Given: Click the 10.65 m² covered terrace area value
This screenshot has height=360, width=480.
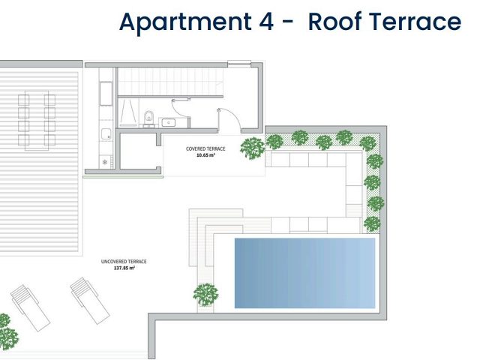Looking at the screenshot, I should (x=205, y=155).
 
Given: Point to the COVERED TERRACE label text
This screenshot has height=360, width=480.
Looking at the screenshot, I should (x=205, y=148).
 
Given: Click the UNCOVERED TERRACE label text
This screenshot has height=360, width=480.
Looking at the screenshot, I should (x=124, y=261).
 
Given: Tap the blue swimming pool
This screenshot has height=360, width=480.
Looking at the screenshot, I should (x=304, y=272).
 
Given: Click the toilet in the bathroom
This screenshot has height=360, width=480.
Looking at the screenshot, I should (x=149, y=116).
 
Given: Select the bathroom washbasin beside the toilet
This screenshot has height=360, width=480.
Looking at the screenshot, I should (x=168, y=121).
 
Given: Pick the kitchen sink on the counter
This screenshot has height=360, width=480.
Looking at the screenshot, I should (x=106, y=135).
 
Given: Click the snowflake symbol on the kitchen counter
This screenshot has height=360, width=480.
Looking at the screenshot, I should (x=103, y=162).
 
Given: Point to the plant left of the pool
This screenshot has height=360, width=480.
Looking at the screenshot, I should (x=205, y=294).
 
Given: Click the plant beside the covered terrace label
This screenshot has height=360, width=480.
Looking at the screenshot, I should (x=252, y=147).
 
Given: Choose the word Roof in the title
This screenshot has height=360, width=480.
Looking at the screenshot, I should (x=335, y=22).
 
